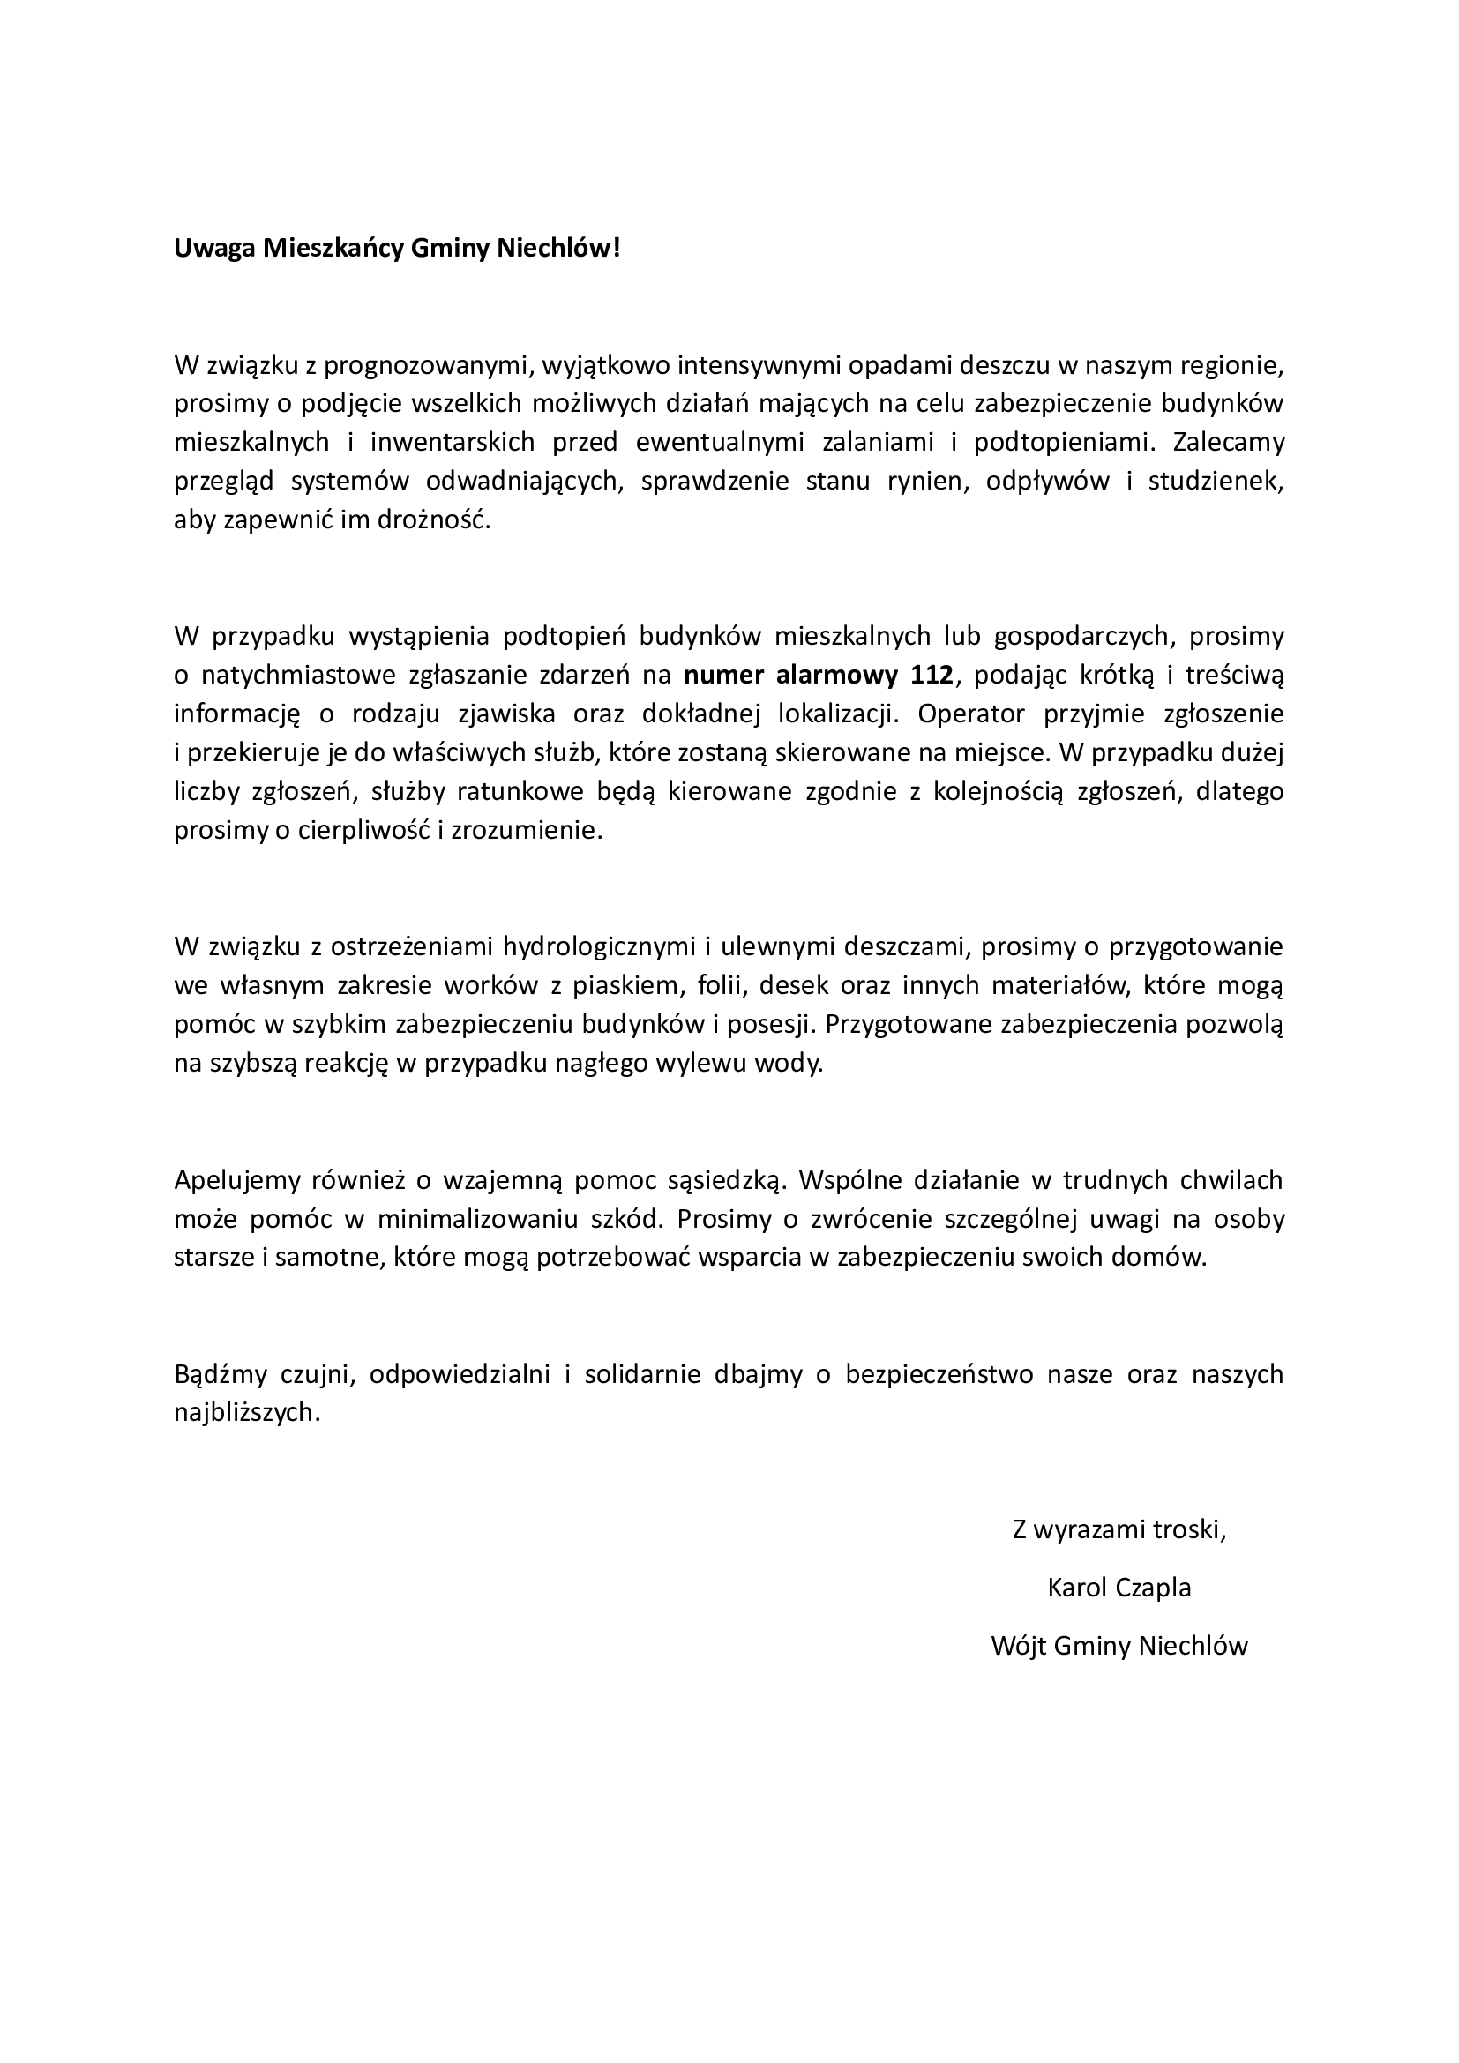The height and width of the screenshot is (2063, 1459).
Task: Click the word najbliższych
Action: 246,1412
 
